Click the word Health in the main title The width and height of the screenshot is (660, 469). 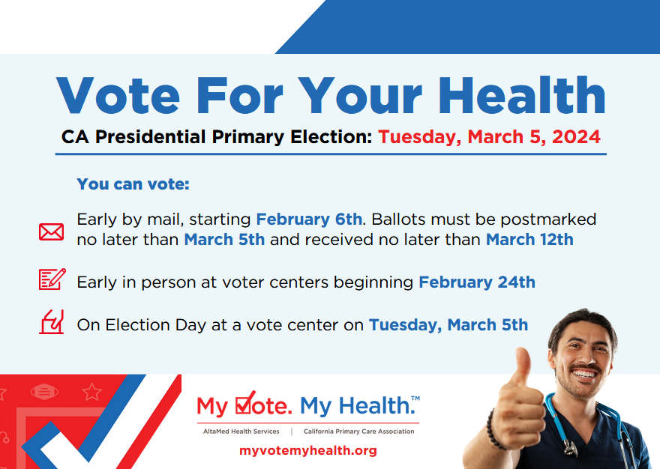[x=522, y=95]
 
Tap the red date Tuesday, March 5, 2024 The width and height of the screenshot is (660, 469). [x=489, y=136]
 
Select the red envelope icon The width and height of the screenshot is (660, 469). [x=51, y=232]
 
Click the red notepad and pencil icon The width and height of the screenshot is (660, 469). [x=52, y=279]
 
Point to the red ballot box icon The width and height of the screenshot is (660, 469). [x=51, y=321]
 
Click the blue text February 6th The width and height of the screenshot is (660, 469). [x=309, y=220]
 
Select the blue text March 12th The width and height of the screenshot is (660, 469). [x=529, y=239]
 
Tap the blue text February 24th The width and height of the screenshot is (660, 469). [x=477, y=282]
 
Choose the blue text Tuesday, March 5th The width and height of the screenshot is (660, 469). [x=448, y=324]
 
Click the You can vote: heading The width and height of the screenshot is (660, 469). [x=133, y=184]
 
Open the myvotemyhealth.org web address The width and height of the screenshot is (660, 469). [x=308, y=450]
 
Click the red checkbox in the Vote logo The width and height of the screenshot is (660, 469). [x=244, y=403]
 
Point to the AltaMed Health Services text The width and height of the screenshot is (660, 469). [x=241, y=432]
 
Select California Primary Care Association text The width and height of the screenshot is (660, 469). [x=359, y=432]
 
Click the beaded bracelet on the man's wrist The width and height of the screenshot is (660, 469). [x=493, y=429]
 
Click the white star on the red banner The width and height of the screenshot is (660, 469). [x=91, y=392]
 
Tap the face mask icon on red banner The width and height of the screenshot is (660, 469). [x=44, y=392]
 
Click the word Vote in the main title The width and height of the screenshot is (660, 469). [x=118, y=95]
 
